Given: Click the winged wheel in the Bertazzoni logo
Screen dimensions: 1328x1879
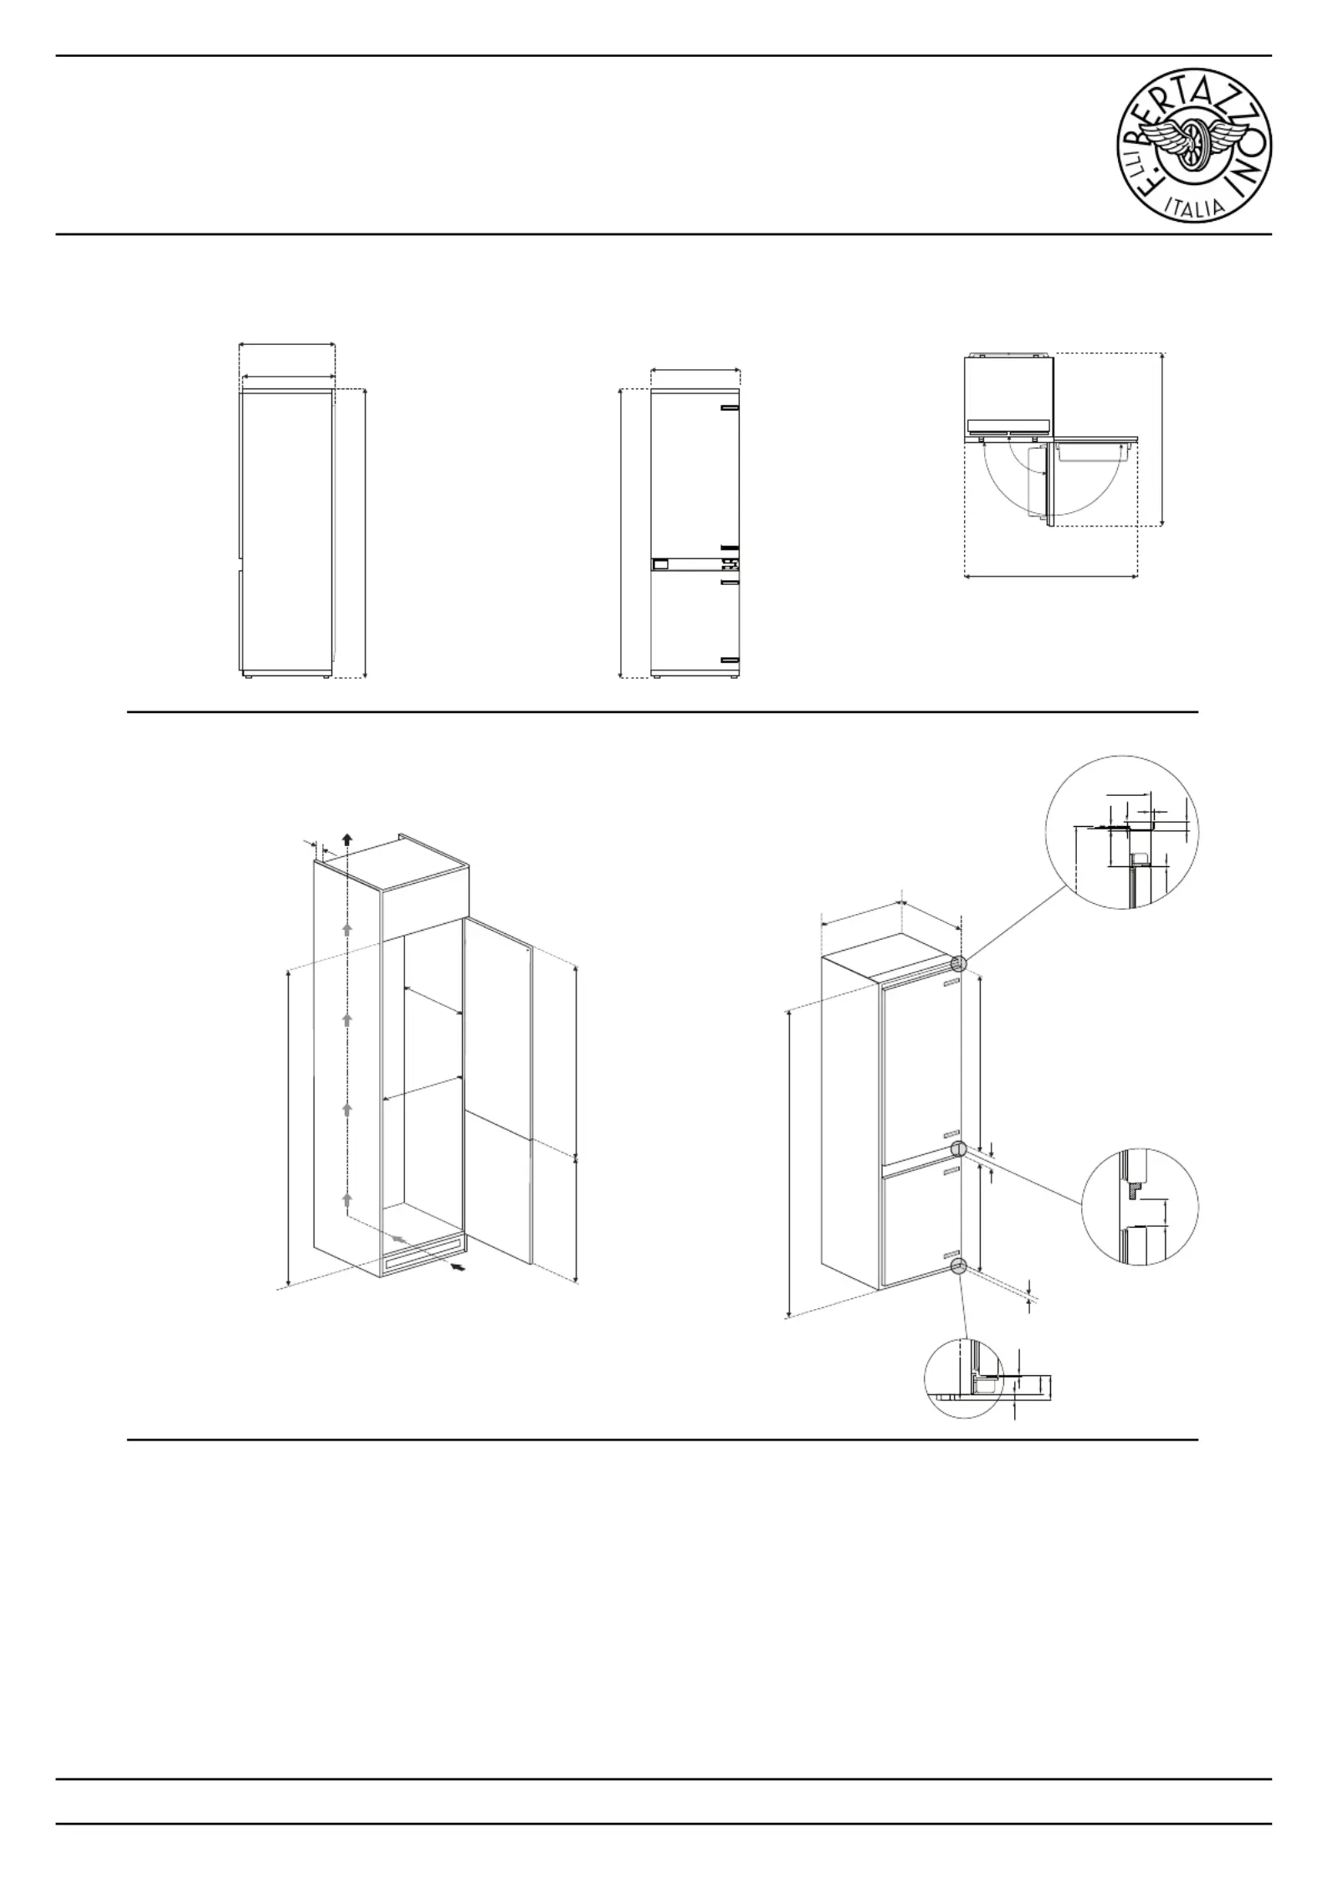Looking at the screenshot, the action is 1194,148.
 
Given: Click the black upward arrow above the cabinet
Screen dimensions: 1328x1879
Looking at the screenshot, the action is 347,840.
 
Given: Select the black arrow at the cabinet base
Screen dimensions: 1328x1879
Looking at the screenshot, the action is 458,1270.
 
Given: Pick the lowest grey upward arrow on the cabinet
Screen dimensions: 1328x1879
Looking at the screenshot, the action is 347,1201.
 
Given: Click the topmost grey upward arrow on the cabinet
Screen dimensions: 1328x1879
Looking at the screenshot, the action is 347,928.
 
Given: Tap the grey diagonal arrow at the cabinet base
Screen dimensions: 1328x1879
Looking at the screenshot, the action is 402,1238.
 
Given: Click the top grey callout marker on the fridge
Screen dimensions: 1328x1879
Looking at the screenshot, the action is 958,963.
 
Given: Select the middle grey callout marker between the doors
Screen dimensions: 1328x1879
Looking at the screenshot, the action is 958,1149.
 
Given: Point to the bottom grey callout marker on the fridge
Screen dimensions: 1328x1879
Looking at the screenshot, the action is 958,1266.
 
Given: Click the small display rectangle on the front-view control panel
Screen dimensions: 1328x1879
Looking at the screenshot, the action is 660,564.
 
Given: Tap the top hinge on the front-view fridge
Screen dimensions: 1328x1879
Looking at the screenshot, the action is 729,409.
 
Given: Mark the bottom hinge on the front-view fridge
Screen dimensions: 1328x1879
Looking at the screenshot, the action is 729,660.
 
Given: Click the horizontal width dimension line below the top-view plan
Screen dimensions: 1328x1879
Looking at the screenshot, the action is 1051,576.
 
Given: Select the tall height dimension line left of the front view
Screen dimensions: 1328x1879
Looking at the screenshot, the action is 620,533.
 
